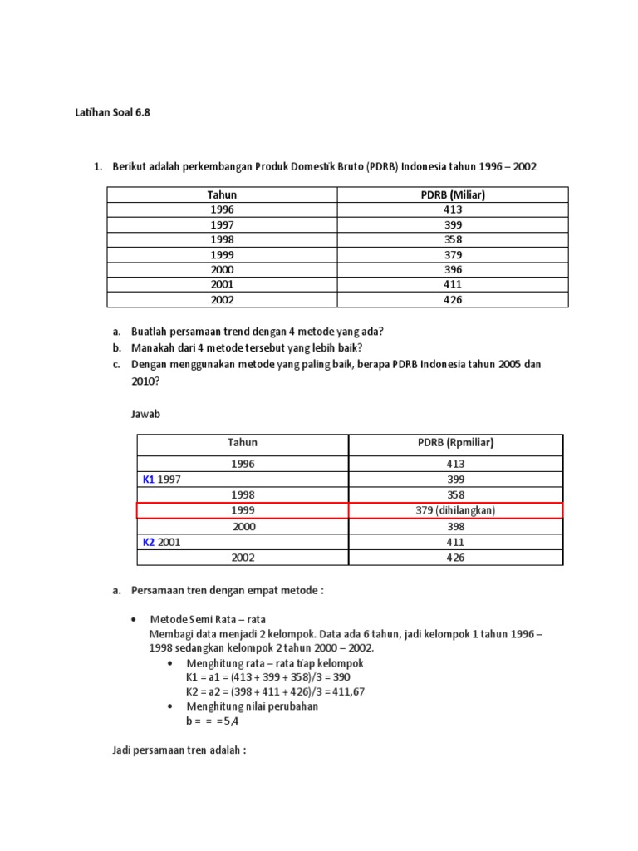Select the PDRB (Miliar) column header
point(453,194)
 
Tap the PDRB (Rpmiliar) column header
point(455,443)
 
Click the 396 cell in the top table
point(453,270)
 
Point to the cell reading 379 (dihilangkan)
point(455,510)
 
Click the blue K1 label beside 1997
point(149,480)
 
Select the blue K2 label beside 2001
point(149,542)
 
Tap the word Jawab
point(145,413)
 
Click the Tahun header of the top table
point(222,194)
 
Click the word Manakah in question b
point(154,347)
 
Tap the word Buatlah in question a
point(151,331)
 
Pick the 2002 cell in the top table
point(222,300)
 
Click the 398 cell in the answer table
point(455,526)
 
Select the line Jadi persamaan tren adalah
point(179,750)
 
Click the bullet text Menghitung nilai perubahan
point(252,706)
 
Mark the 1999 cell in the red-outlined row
point(243,510)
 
